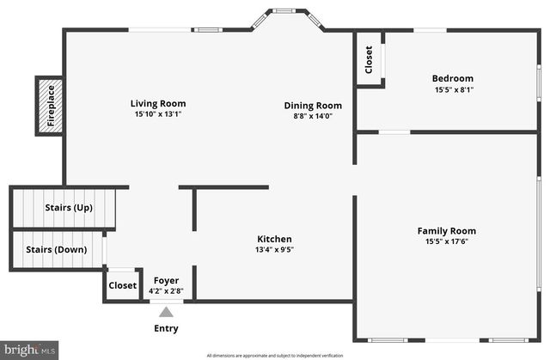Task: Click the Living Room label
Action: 158,103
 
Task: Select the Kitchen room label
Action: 275,239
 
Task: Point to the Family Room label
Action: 446,230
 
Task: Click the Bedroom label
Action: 452,78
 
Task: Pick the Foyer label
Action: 166,280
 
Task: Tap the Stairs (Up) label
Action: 68,208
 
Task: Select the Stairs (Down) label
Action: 57,250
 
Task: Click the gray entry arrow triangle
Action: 166,312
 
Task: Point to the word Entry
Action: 166,328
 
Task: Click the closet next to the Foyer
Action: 122,285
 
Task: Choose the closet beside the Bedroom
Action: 370,59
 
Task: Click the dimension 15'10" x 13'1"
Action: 158,114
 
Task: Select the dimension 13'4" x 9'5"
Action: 275,250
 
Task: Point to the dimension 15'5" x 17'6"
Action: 446,241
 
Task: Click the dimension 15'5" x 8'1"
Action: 452,89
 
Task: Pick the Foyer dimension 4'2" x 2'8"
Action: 166,290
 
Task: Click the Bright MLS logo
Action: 30,350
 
